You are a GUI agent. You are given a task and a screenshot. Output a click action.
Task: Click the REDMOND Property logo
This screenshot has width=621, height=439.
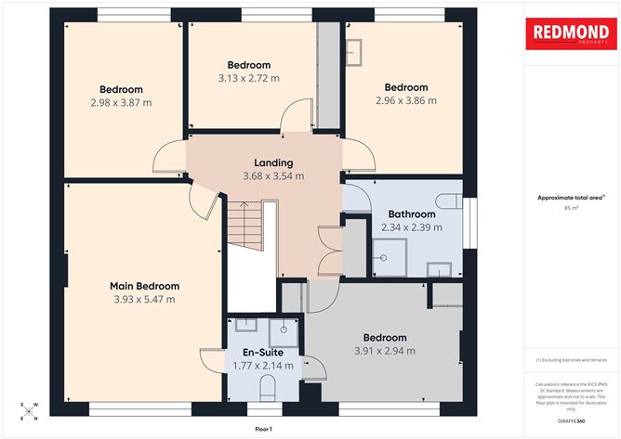coord(572,35)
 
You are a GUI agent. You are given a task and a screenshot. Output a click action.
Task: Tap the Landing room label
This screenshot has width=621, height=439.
coord(273,163)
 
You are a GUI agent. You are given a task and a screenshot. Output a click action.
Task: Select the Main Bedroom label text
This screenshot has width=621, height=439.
coord(144,286)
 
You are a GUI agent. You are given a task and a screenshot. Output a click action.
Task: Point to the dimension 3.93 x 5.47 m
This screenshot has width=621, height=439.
coord(144,300)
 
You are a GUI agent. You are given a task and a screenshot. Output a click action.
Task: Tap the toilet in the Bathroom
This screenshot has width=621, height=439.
coord(449,200)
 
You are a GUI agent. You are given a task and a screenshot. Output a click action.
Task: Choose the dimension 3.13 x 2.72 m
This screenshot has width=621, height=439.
coord(249,78)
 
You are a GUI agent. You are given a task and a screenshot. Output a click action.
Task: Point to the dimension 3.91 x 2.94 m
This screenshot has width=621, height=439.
coord(385,351)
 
